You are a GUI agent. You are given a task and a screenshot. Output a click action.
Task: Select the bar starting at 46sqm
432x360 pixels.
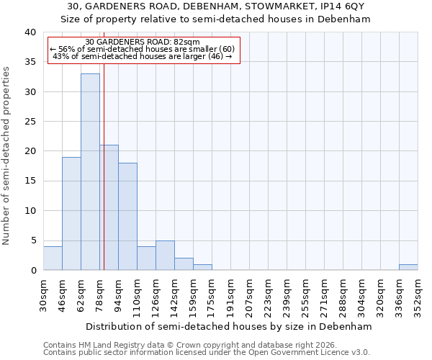point(71,213)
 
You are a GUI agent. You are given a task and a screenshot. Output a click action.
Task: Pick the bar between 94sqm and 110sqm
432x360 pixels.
point(127,216)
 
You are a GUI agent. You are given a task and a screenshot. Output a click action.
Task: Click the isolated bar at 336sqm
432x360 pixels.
point(408,267)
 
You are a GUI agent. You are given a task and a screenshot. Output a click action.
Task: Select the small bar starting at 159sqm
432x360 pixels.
point(202,267)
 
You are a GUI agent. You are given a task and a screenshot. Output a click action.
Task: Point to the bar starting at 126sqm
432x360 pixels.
point(165,255)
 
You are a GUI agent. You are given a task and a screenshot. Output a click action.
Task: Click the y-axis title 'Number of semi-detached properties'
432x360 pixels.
point(6,156)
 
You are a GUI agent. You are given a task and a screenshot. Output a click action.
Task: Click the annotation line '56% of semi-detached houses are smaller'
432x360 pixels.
point(142,49)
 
